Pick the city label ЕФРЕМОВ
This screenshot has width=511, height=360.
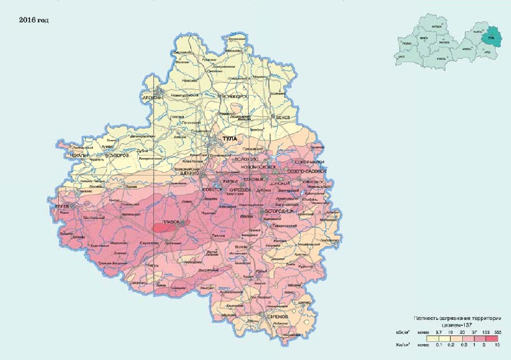point(273,315)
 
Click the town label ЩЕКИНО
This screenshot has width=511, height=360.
point(189,173)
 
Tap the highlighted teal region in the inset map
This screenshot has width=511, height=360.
point(493,35)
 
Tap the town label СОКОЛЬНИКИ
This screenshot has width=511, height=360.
point(308,162)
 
